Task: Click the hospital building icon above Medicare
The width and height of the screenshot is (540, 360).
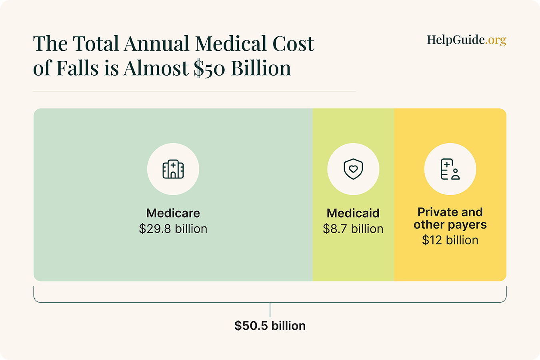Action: point(173,169)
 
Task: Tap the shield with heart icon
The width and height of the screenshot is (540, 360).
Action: point(353,169)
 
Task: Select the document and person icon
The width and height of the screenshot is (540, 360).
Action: point(450,169)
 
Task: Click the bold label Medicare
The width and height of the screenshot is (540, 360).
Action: point(173,213)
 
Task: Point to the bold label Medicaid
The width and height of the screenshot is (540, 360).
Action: point(353,213)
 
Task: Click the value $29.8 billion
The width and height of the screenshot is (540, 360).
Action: point(173,229)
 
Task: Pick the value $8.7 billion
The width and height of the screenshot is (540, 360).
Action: point(353,229)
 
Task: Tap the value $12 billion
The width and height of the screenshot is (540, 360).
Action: point(450,240)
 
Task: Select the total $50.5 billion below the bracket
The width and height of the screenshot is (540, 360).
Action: point(270,326)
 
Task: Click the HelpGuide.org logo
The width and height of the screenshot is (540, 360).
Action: point(466,40)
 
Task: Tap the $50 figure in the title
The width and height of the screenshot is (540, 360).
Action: point(210,68)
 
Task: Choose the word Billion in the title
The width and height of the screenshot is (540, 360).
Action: point(261,68)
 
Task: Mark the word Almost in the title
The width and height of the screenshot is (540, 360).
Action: point(156,68)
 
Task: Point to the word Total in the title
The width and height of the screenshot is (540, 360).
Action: point(96,44)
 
